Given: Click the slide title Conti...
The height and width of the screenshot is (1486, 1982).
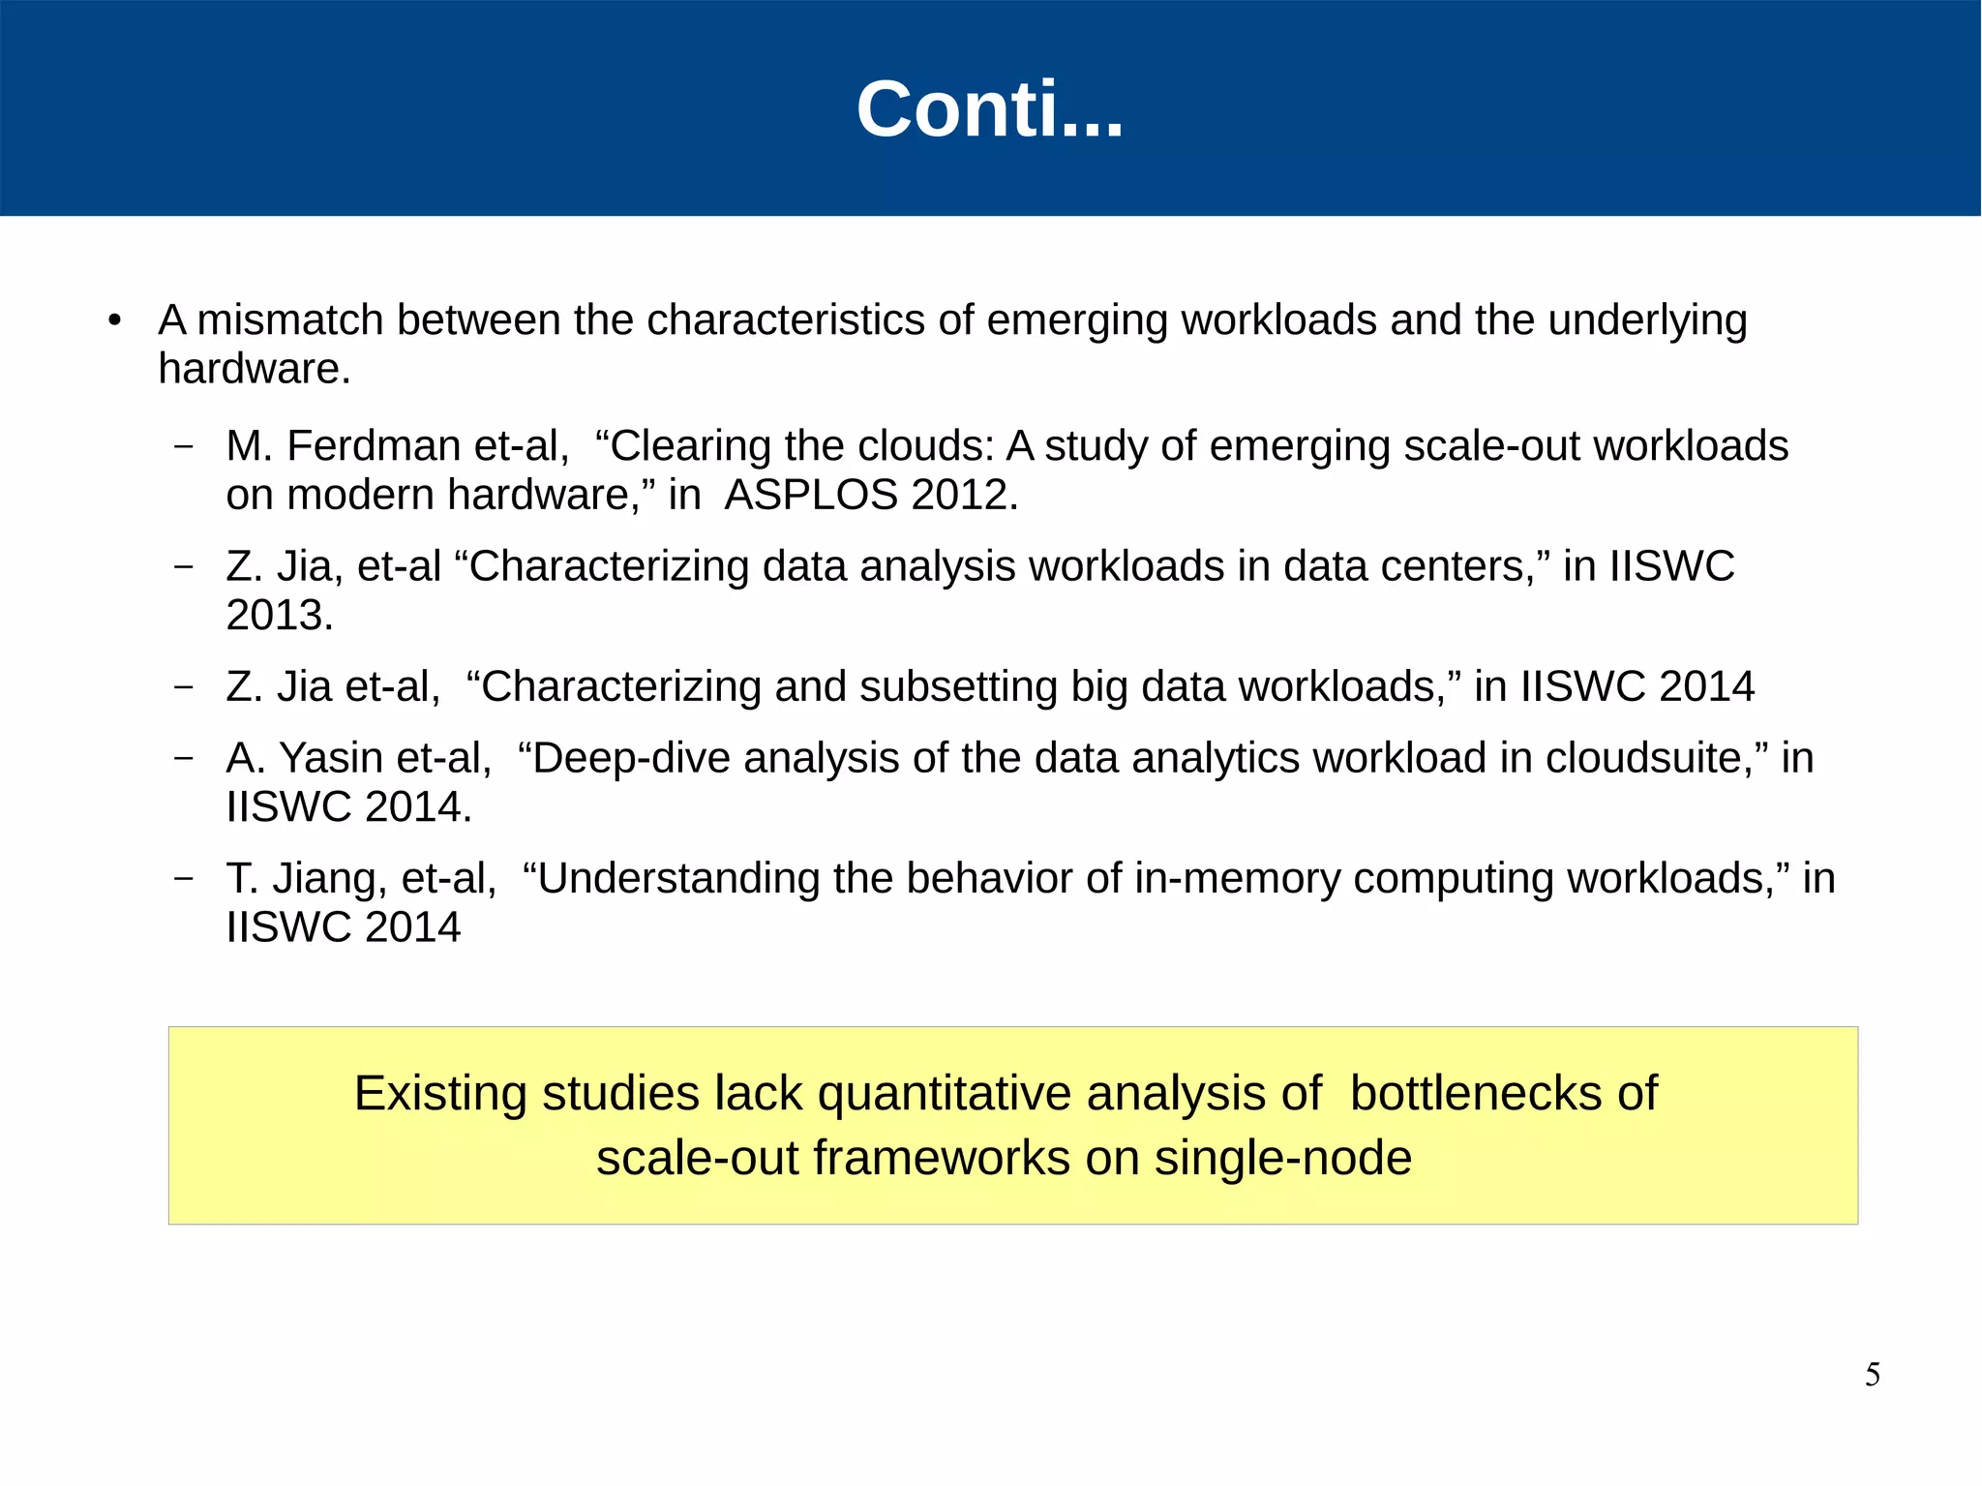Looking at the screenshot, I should [989, 109].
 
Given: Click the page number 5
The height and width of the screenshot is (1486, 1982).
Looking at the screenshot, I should [1872, 1375].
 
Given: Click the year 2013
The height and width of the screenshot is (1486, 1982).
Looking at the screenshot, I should [279, 616].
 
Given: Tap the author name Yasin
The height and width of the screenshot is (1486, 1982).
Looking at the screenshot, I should [332, 759].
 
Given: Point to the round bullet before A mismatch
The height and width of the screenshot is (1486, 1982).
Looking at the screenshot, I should [115, 321].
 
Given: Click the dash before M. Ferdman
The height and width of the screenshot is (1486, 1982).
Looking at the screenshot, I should [183, 447].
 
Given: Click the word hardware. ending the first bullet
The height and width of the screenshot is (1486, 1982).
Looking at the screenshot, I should [255, 370].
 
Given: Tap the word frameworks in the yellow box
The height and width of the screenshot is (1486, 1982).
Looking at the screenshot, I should [941, 1159].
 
